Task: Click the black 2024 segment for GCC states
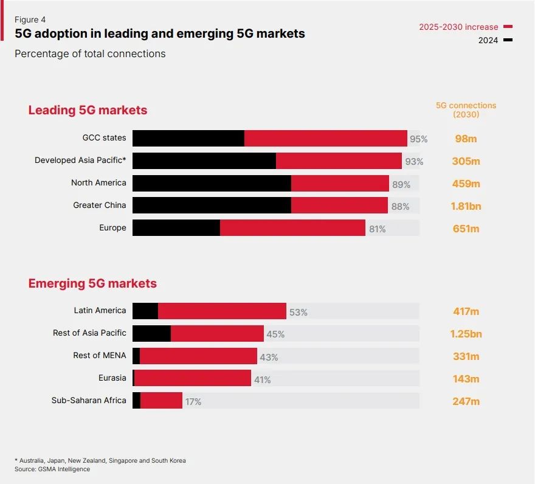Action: tap(188, 138)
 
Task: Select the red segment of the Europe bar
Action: tap(292, 228)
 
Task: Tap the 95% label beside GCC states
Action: tap(418, 139)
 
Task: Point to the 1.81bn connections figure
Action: tap(466, 206)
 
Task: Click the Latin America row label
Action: tap(100, 311)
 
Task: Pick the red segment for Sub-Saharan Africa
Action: tap(161, 401)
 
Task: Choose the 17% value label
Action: tap(193, 402)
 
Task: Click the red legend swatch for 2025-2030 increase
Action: tap(508, 27)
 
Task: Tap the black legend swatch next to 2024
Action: tap(508, 40)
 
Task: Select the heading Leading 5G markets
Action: tap(88, 110)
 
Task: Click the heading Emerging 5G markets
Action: tap(92, 283)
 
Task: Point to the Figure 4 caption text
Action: tap(30, 19)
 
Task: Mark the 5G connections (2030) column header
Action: tap(466, 109)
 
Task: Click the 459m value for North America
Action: tap(466, 184)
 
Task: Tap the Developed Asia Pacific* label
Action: tap(80, 161)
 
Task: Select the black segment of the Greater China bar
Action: tap(212, 206)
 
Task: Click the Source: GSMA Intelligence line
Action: tap(52, 469)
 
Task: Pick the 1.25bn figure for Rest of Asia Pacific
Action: tap(466, 334)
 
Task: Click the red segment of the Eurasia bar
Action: tap(192, 378)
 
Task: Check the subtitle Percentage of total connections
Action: tap(90, 54)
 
